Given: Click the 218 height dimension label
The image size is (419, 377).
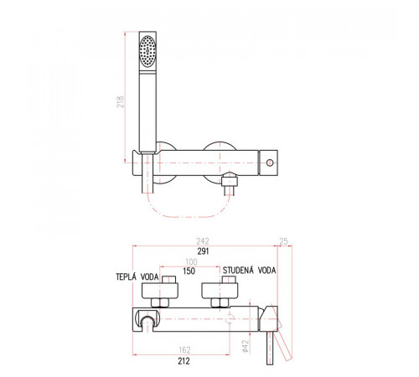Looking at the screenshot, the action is point(120,102).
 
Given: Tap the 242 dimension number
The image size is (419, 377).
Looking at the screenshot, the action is point(203,241).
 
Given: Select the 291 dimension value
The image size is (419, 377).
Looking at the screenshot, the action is point(203,251).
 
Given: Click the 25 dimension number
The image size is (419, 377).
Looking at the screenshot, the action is point(283,241).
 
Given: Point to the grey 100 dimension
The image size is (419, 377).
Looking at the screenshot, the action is point(191,262).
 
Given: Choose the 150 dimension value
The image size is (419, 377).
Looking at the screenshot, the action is point(189,271).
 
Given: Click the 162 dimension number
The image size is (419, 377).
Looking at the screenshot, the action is point(184,350).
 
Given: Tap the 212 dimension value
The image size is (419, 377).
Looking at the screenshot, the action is point(184,361).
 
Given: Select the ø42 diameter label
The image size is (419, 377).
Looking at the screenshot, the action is point(246,346).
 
